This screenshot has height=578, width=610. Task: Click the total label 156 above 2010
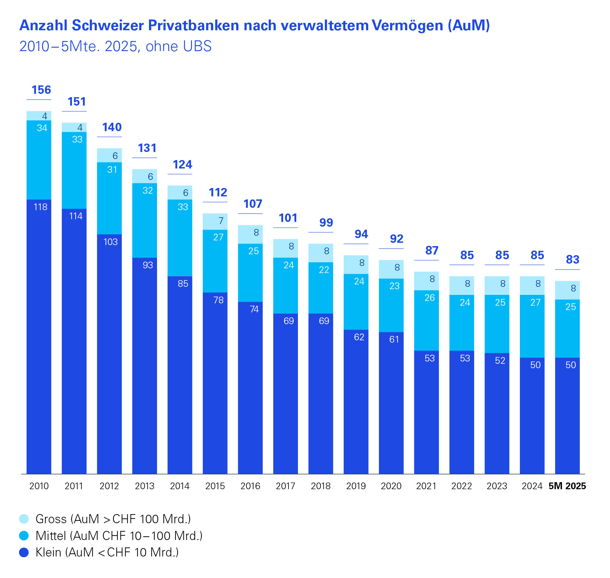coord(41,90)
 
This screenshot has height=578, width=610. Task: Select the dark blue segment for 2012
coord(109,353)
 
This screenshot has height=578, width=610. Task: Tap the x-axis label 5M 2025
coord(567,486)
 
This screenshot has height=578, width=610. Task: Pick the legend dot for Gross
coord(24,519)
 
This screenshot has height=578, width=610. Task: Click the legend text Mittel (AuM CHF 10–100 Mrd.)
coord(119,536)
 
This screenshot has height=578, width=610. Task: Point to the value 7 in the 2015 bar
coord(221,221)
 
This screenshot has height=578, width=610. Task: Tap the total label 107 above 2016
coord(253,204)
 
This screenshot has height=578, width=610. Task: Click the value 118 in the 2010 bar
coord(40,207)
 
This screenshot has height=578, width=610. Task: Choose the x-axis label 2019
coord(356,486)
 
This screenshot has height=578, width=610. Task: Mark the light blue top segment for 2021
coord(426,281)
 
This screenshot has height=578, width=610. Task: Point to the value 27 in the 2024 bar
coord(535,303)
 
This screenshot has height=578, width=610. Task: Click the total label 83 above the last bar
coord(572,260)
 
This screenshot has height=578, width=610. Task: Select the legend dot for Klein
coord(24,552)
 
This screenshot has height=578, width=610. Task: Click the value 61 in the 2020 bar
coord(394,340)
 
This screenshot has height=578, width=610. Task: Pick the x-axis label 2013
coord(145,486)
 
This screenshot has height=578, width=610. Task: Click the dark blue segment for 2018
coord(321,393)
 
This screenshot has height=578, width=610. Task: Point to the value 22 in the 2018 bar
coord(324,270)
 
